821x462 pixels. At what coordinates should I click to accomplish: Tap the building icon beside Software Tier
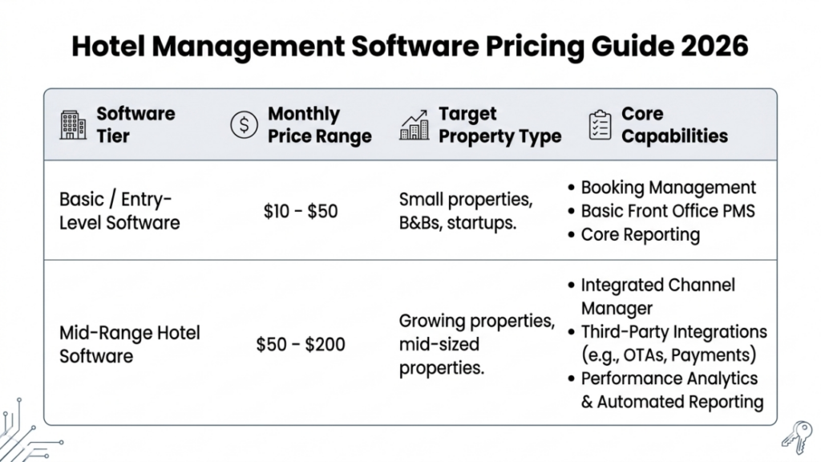[x=73, y=125]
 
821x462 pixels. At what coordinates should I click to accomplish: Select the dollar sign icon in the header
[x=244, y=125]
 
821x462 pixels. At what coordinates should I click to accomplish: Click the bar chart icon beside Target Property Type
[x=414, y=124]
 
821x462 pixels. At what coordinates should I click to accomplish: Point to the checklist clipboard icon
[x=599, y=125]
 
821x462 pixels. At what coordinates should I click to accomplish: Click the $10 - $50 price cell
[x=301, y=212]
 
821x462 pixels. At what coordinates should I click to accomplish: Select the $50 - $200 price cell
[x=301, y=344]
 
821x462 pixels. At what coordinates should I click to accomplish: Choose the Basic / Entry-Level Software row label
[x=119, y=211]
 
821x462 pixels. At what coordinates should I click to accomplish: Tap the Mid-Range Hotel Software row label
[x=129, y=343]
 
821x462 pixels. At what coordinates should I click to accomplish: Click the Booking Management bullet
[x=668, y=188]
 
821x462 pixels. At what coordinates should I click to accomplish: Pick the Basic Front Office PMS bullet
[x=668, y=211]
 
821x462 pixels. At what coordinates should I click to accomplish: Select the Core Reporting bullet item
[x=640, y=235]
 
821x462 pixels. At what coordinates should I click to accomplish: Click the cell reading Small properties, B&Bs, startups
[x=465, y=211]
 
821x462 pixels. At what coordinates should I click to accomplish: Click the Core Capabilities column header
[x=673, y=125]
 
